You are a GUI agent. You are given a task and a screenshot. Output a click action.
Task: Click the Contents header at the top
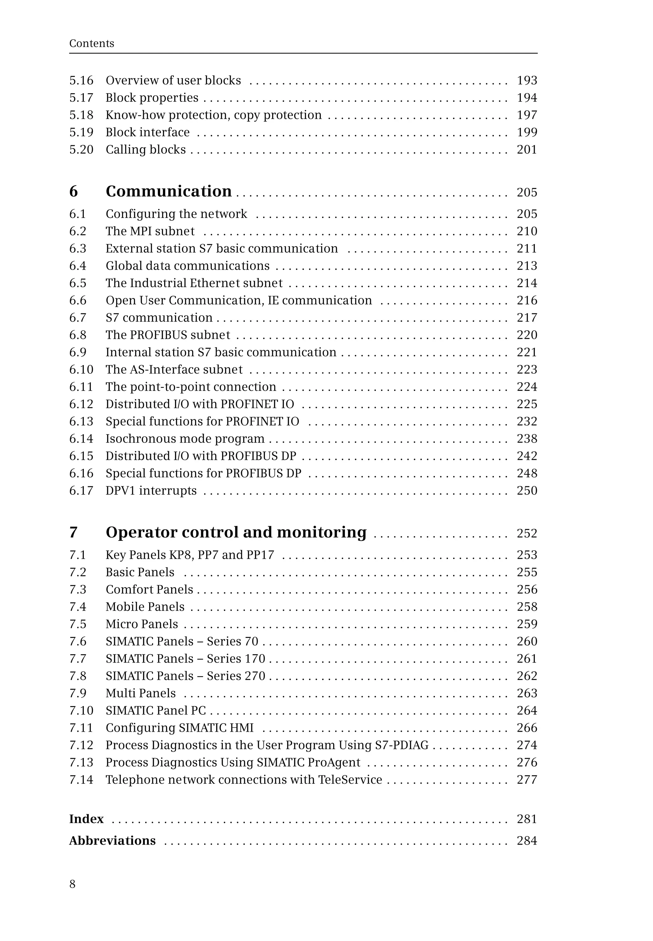[x=92, y=43]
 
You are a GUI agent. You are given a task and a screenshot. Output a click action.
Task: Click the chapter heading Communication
[x=169, y=191]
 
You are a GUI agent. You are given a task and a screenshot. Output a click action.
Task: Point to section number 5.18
[x=81, y=115]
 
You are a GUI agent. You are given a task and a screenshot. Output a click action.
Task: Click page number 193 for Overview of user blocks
[x=526, y=81]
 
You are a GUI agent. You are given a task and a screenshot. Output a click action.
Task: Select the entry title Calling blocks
[x=146, y=149]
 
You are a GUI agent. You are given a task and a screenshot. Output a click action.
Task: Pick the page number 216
[x=526, y=301]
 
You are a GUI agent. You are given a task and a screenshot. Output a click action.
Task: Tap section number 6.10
[x=81, y=370]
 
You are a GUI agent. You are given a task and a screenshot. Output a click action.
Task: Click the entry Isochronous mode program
[x=185, y=439]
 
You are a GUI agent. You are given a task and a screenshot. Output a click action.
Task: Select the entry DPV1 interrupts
[x=151, y=490]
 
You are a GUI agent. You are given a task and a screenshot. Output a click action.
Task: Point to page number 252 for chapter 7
[x=526, y=533]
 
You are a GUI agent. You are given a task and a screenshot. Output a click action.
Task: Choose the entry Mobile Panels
[x=145, y=607]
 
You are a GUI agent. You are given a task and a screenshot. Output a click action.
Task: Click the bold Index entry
[x=86, y=819]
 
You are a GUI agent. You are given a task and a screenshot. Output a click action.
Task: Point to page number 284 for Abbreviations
[x=526, y=841]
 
